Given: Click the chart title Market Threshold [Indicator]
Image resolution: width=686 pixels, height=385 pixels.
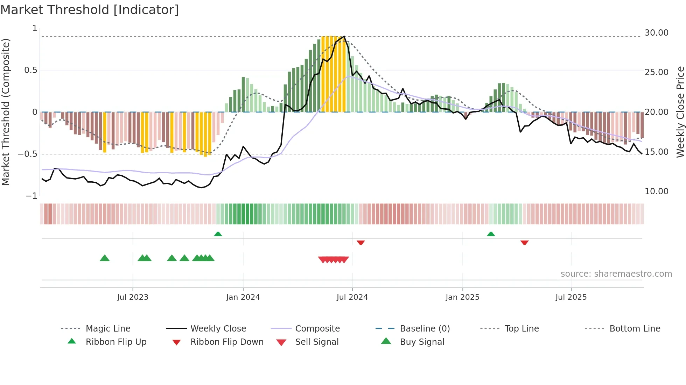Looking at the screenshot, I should tap(90, 10).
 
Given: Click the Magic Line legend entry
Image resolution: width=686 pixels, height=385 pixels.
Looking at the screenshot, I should tap(108, 328).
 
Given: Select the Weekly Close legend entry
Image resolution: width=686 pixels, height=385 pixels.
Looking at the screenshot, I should tap(218, 328).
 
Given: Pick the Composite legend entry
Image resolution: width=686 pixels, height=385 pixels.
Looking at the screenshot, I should tap(317, 328).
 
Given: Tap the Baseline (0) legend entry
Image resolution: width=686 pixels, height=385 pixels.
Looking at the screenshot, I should tap(425, 328).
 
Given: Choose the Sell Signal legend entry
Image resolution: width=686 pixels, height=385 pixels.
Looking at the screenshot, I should tap(316, 342).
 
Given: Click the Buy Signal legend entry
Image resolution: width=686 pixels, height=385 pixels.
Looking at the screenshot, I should tap(422, 342).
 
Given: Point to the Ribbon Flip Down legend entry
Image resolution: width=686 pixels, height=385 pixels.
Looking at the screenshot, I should tap(226, 342).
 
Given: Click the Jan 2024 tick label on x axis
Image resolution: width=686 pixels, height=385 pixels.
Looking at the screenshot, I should tap(243, 297).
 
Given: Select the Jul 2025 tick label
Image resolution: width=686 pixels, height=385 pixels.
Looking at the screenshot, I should tap(571, 297).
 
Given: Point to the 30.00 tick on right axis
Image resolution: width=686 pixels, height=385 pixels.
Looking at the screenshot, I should tap(656, 32).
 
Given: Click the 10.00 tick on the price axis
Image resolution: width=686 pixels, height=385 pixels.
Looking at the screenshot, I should tap(656, 191).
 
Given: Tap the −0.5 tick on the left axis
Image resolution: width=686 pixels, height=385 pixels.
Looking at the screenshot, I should tap(28, 154).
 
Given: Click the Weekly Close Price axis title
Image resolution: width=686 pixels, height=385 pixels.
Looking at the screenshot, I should tap(680, 112).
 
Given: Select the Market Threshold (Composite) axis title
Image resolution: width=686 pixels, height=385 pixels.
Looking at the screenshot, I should tap(6, 112).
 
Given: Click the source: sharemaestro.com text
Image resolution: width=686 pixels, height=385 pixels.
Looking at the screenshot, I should tap(616, 274).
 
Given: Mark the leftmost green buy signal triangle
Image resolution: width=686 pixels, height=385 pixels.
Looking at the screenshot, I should tap(105, 258).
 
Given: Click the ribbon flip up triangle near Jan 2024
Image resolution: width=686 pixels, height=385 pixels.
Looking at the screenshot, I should tap(218, 234).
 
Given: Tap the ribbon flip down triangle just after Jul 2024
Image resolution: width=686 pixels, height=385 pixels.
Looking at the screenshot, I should tap(361, 242).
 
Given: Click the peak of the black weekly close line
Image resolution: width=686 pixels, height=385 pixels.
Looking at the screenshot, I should tap(344, 36).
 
